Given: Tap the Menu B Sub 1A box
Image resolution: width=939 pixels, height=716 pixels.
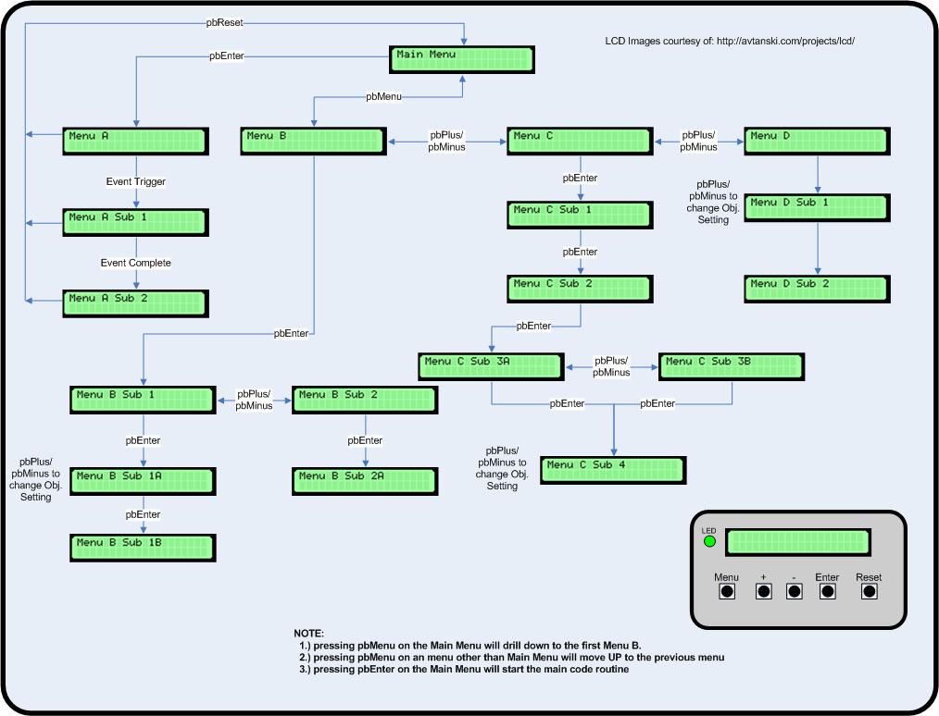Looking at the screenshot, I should (x=143, y=480).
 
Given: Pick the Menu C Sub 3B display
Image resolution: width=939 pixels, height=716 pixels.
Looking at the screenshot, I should (x=731, y=366).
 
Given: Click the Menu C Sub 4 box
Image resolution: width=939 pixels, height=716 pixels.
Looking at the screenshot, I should (x=613, y=470).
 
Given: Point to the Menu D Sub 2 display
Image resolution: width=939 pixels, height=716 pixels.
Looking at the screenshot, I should (x=817, y=289).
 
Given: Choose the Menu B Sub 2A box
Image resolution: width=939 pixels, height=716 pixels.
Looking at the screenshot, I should (x=364, y=480).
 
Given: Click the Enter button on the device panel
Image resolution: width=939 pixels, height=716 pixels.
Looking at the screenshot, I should (x=827, y=591).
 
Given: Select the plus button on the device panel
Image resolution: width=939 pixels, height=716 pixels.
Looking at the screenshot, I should (x=763, y=591).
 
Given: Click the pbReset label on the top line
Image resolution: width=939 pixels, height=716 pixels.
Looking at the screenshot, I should (x=224, y=21).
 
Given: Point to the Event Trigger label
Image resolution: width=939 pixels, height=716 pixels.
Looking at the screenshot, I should (x=136, y=181).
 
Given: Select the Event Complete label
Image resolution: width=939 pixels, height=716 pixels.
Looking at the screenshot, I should (x=136, y=263).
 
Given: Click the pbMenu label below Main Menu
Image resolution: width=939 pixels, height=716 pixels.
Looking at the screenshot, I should (x=384, y=95).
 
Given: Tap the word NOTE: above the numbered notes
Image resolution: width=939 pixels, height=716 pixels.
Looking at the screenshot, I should (x=309, y=633).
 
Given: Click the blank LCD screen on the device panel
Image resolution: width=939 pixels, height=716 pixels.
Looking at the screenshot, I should (x=797, y=542).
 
